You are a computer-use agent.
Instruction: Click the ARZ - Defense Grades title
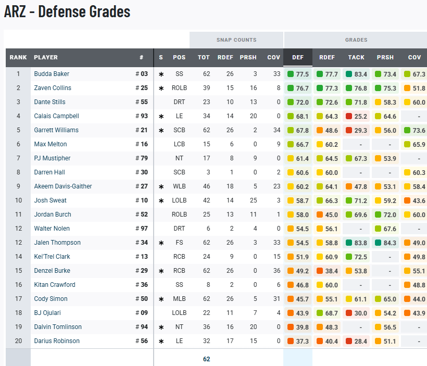[x=67, y=12]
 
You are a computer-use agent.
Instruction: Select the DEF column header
[x=298, y=57]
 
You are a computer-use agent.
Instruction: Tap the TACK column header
[x=356, y=57]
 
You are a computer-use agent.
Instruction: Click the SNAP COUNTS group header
[x=236, y=40]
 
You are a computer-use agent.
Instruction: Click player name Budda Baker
[x=52, y=74]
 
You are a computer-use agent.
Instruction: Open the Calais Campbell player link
[x=56, y=116]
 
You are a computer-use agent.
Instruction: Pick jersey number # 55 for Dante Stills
[x=142, y=102]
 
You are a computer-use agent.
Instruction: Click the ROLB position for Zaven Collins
[x=179, y=88]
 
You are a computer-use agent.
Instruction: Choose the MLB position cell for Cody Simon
[x=179, y=299]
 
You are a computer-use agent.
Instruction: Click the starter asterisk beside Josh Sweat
[x=161, y=201]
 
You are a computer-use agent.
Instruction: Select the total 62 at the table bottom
[x=206, y=359]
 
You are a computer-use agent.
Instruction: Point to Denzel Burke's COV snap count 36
[x=277, y=271]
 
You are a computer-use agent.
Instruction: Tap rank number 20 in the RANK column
[x=18, y=341]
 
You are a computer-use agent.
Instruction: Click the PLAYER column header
[x=46, y=57]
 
